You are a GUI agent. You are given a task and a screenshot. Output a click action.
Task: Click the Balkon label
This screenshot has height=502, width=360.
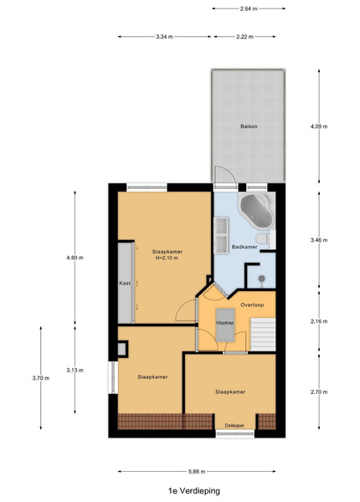(249, 126)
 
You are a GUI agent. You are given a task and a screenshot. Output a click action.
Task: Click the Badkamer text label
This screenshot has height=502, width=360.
(244, 247)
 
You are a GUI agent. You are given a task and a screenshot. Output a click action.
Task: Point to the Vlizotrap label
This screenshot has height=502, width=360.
(225, 323)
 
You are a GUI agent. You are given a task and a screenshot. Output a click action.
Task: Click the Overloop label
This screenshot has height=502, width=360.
(252, 305)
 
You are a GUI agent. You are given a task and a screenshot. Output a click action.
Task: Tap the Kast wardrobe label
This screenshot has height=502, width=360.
(125, 284)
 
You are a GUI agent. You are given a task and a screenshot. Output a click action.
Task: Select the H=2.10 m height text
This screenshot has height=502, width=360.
(167, 258)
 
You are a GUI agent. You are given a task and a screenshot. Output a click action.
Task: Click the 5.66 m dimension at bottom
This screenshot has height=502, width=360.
(197, 471)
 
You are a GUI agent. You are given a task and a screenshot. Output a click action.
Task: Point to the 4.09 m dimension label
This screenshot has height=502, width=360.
(319, 126)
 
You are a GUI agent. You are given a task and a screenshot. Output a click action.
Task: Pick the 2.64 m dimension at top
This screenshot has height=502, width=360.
(249, 8)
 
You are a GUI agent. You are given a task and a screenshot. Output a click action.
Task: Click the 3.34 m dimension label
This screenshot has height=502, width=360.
(164, 37)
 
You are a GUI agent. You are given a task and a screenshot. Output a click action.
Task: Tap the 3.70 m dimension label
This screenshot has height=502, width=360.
(41, 378)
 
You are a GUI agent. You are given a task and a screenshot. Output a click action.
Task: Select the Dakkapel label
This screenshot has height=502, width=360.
(234, 426)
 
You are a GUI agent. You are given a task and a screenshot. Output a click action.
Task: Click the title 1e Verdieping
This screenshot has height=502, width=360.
(194, 490)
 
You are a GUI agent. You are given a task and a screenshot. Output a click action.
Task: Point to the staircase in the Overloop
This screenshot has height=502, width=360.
(263, 334)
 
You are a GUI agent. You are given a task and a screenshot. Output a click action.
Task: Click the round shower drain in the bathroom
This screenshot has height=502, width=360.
(262, 279)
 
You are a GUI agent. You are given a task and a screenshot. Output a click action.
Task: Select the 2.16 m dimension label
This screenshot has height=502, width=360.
(319, 321)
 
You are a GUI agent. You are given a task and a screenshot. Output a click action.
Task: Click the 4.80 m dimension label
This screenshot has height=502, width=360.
(75, 258)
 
